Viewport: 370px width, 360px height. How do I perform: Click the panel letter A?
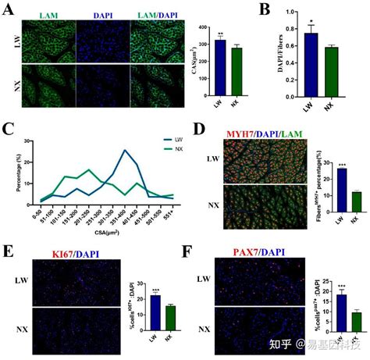tap(9, 9)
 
